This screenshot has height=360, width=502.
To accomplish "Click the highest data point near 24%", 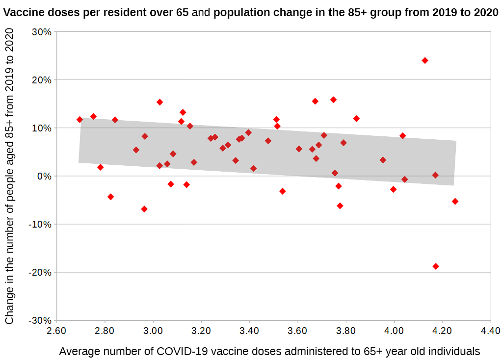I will pyautogui.click(x=425, y=60).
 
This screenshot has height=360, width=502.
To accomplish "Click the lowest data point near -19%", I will pyautogui.click(x=436, y=266).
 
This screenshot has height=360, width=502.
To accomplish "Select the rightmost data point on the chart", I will pyautogui.click(x=455, y=201).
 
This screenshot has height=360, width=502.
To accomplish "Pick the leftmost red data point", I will pyautogui.click(x=79, y=120).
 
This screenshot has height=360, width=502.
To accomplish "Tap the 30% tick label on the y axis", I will pyautogui.click(x=41, y=32).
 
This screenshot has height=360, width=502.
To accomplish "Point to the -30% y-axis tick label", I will pyautogui.click(x=40, y=320).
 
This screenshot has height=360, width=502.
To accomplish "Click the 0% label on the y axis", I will pyautogui.click(x=44, y=176).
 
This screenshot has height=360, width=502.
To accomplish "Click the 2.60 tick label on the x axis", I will pyautogui.click(x=56, y=331).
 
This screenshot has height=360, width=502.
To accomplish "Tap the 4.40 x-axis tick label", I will pyautogui.click(x=490, y=331).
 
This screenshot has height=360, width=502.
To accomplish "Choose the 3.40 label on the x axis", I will pyautogui.click(x=249, y=331).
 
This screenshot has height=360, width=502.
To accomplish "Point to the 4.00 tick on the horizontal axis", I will pyautogui.click(x=394, y=331).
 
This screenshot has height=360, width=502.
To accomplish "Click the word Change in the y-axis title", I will pyautogui.click(x=9, y=308).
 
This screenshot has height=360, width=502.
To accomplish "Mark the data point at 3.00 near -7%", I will pyautogui.click(x=144, y=209).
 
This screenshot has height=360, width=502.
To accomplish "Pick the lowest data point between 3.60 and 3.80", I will pyautogui.click(x=340, y=206).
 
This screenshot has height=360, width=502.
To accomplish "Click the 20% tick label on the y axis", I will pyautogui.click(x=41, y=80).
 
